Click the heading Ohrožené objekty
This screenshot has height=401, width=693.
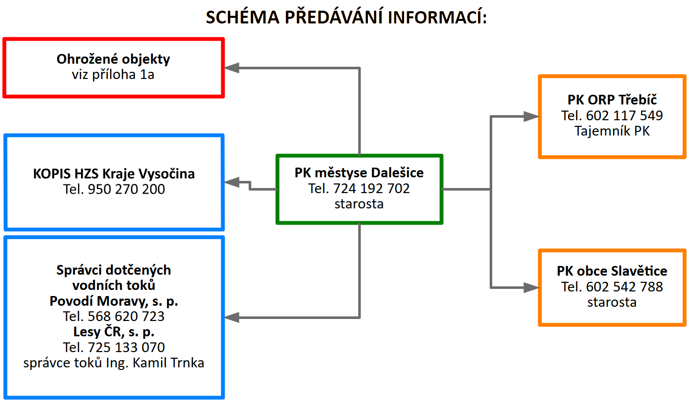tap(113, 59)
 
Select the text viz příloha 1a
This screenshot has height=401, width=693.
tap(113, 74)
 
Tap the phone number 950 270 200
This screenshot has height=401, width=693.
tap(126, 190)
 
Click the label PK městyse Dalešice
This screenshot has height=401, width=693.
tap(359, 173)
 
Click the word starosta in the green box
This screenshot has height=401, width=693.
tap(359, 204)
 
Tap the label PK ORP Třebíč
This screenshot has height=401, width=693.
tap(612, 99)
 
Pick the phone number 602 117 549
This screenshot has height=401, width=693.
tap(625, 116)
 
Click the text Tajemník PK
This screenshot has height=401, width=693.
tap(612, 131)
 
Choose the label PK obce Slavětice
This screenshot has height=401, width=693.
tap(612, 271)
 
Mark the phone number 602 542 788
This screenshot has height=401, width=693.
tap(625, 286)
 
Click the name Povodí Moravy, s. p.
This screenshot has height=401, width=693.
tap(114, 301)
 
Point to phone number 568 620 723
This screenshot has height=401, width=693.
tap(126, 316)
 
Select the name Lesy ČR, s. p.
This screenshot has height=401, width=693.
tap(114, 332)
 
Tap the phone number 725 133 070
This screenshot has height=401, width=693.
tap(126, 347)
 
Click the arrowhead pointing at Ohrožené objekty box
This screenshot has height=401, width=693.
tap(232, 68)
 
